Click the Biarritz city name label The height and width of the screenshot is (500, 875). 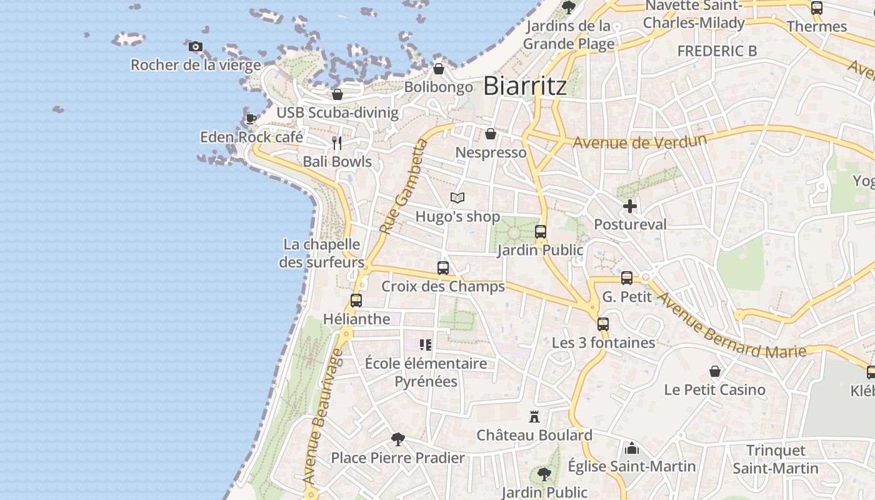525,86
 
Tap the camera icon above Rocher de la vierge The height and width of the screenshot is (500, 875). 196,46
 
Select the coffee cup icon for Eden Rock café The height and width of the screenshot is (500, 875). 251,119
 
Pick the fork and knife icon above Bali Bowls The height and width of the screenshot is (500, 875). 337,143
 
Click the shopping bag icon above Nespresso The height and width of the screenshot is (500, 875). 491,134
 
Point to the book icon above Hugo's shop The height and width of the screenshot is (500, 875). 457,198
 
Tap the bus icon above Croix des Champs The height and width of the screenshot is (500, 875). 443,268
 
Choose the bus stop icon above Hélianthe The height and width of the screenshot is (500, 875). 356,301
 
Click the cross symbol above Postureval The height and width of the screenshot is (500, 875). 630,206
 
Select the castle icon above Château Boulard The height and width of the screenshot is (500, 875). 534,416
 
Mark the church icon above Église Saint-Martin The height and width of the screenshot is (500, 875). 632,448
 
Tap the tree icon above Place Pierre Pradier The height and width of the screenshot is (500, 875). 397,439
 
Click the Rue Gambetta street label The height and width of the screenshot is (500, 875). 403,187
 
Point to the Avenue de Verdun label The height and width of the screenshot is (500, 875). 639,141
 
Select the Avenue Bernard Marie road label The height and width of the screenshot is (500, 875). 731,326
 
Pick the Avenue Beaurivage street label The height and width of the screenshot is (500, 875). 323,416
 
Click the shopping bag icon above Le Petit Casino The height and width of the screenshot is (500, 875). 715,371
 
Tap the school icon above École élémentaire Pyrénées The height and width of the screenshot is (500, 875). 426,344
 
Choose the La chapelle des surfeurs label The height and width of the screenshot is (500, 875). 321,253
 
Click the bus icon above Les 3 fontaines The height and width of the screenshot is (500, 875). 603,324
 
